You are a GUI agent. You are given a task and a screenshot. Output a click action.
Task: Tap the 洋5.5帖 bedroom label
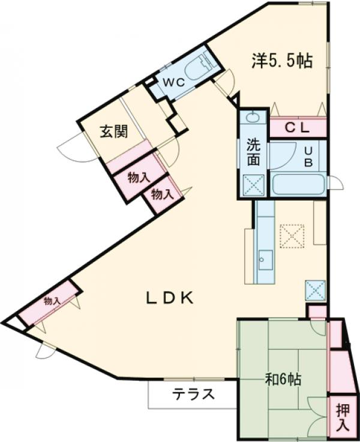point(281,61)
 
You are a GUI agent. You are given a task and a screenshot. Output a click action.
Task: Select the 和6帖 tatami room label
point(283,380)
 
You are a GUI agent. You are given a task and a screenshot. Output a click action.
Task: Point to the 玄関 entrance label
point(113,132)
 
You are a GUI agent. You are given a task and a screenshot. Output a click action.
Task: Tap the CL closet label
point(296,127)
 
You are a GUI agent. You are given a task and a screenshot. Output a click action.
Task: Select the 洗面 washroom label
point(253,153)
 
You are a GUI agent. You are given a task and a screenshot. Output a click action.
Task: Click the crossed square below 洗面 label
point(253,184)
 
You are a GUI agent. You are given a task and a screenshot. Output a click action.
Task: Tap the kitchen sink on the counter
point(264,260)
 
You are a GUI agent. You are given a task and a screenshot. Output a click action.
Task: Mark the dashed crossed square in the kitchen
point(293,235)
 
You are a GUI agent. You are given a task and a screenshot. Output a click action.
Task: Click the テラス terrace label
point(193,395)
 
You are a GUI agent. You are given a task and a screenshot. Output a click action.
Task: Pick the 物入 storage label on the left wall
point(52,301)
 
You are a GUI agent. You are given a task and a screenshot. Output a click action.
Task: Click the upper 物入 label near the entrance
point(139,178)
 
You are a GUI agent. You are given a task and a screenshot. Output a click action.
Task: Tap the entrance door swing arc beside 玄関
point(71,150)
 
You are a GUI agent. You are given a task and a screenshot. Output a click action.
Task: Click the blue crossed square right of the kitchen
point(316,291)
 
